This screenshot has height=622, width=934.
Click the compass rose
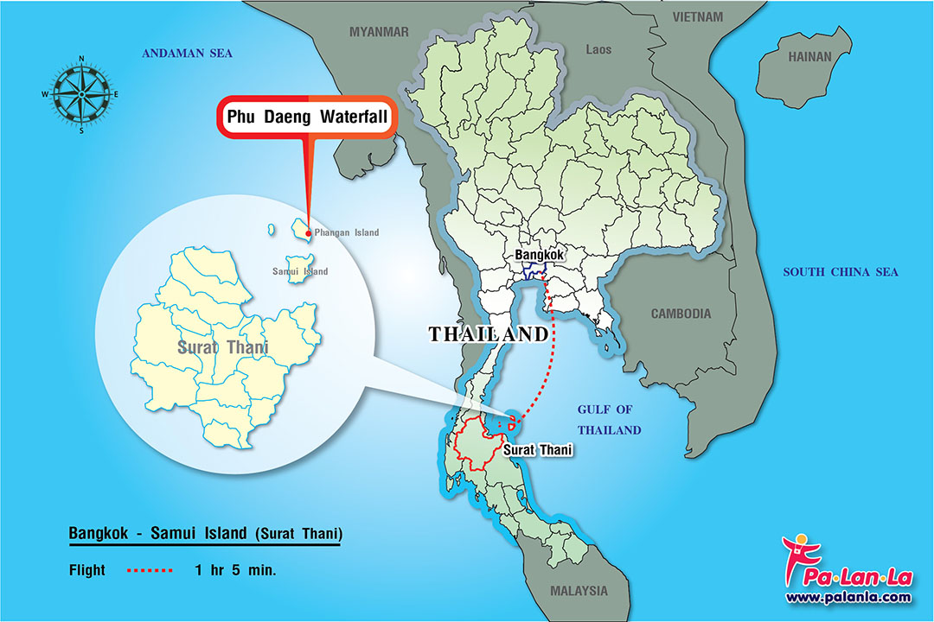click(x=81, y=94)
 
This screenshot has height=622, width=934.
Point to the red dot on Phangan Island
click(x=309, y=233)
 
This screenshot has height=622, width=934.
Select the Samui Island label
click(x=300, y=271)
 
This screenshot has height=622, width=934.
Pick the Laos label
click(x=598, y=49)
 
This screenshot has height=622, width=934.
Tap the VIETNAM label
click(x=697, y=16)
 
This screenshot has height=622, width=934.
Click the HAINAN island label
click(x=809, y=57)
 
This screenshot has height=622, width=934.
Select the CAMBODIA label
click(x=681, y=314)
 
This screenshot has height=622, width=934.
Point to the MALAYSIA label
click(x=579, y=591)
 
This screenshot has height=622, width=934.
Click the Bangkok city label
click(x=539, y=255)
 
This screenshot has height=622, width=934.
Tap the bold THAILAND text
click(x=489, y=334)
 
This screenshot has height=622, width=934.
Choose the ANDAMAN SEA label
click(x=188, y=54)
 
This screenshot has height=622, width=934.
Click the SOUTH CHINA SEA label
click(x=840, y=272)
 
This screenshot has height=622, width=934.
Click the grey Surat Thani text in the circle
click(x=222, y=348)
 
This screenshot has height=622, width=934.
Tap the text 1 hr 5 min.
click(x=235, y=570)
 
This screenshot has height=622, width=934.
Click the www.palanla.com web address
click(x=848, y=597)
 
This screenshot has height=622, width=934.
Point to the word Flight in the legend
click(x=87, y=570)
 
